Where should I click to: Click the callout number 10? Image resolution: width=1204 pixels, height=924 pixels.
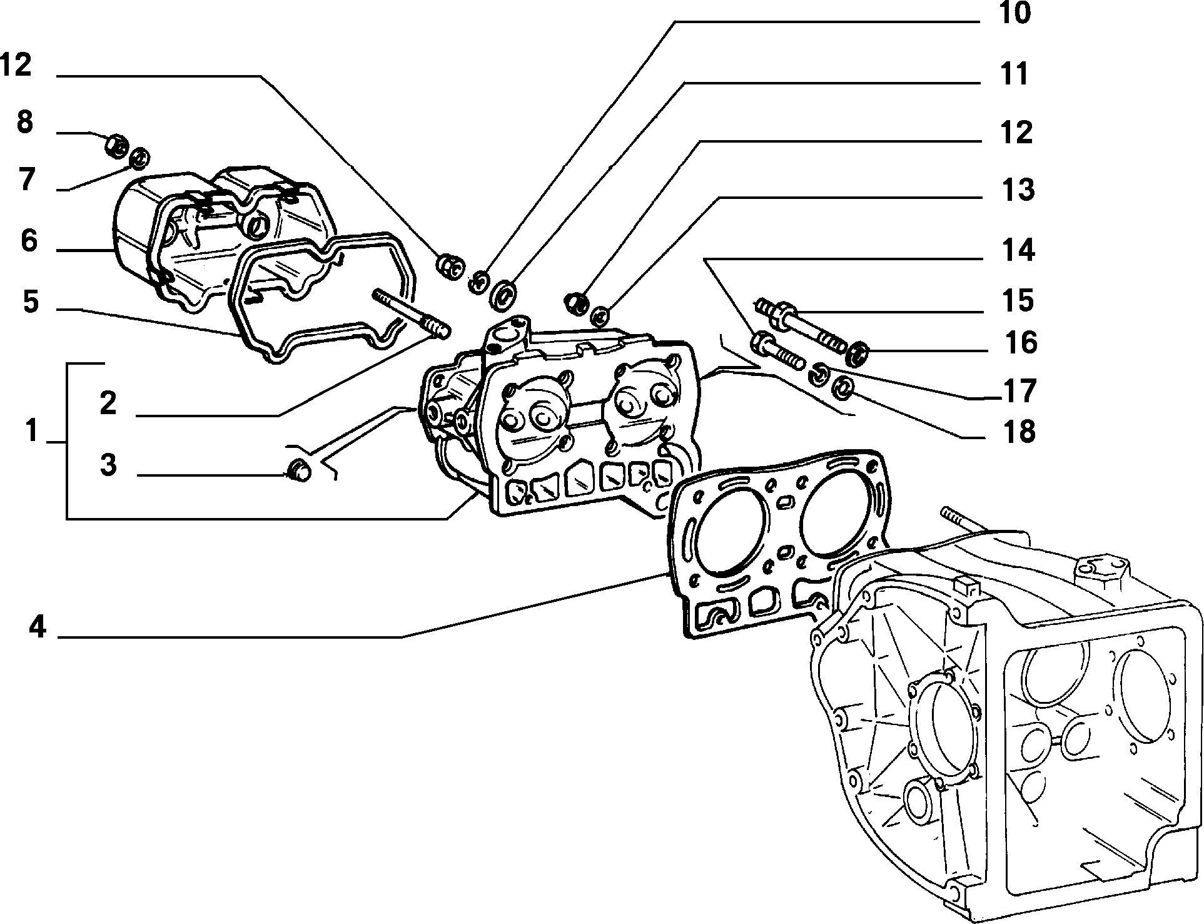[x=1014, y=13]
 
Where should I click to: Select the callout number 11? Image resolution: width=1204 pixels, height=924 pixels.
[x=1014, y=74]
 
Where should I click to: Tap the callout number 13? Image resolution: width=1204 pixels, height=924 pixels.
[x=1016, y=190]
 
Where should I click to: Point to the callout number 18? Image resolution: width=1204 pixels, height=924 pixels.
[x=1018, y=432]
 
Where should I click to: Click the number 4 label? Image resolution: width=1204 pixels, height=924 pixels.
[x=38, y=626]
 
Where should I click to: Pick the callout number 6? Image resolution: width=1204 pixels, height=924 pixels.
[x=29, y=241]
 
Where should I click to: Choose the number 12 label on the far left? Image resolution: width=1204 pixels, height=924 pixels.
[x=16, y=65]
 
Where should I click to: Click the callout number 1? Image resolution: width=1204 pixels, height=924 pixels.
[x=32, y=432]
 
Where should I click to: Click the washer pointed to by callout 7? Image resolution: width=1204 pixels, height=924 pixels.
[x=138, y=158]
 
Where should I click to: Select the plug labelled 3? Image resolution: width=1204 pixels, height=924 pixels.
[x=298, y=471]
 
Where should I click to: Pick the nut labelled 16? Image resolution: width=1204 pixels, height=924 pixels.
[x=856, y=354]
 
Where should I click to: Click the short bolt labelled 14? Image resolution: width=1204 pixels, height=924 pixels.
[x=777, y=353]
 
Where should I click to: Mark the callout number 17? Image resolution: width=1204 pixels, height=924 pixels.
[x=1019, y=391]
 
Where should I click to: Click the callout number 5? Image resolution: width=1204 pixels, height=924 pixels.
[x=31, y=303]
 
